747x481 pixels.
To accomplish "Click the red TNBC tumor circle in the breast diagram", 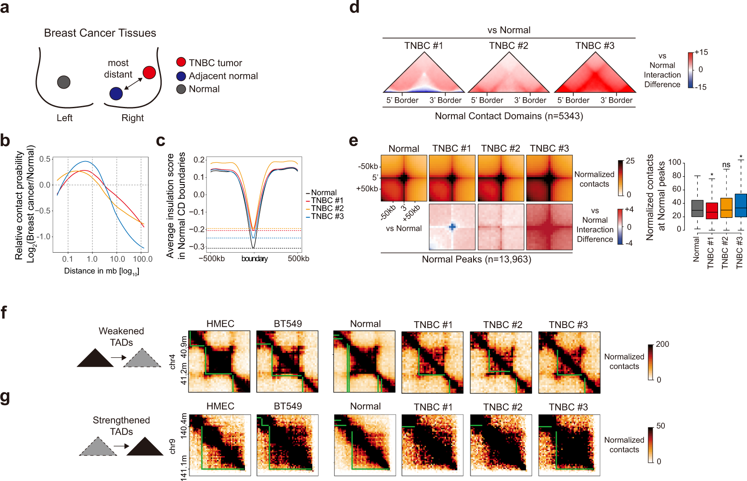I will [149, 72].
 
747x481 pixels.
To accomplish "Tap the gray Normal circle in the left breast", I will [63, 82].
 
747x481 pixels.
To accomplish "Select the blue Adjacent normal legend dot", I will [181, 76].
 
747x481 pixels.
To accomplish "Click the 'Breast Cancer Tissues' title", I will [100, 33].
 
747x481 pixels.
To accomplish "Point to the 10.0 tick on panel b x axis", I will [117, 259].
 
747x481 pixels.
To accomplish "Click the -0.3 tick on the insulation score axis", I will [199, 247].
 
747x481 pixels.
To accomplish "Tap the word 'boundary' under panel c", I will [254, 259].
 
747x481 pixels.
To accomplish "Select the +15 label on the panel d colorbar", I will [701, 52].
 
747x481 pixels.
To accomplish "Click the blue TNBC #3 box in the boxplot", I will [741, 206].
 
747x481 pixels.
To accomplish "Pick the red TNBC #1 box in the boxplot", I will [712, 211].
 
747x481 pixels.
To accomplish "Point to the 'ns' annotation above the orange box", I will [726, 165].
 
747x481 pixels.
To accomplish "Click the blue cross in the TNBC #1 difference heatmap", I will [452, 227].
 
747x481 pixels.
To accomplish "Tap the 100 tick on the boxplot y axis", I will [675, 162].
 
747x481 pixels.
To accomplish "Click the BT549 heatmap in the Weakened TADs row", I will [287, 361].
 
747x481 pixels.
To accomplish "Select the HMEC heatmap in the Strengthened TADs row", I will [220, 445].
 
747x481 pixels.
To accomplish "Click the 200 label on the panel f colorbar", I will [662, 344].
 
